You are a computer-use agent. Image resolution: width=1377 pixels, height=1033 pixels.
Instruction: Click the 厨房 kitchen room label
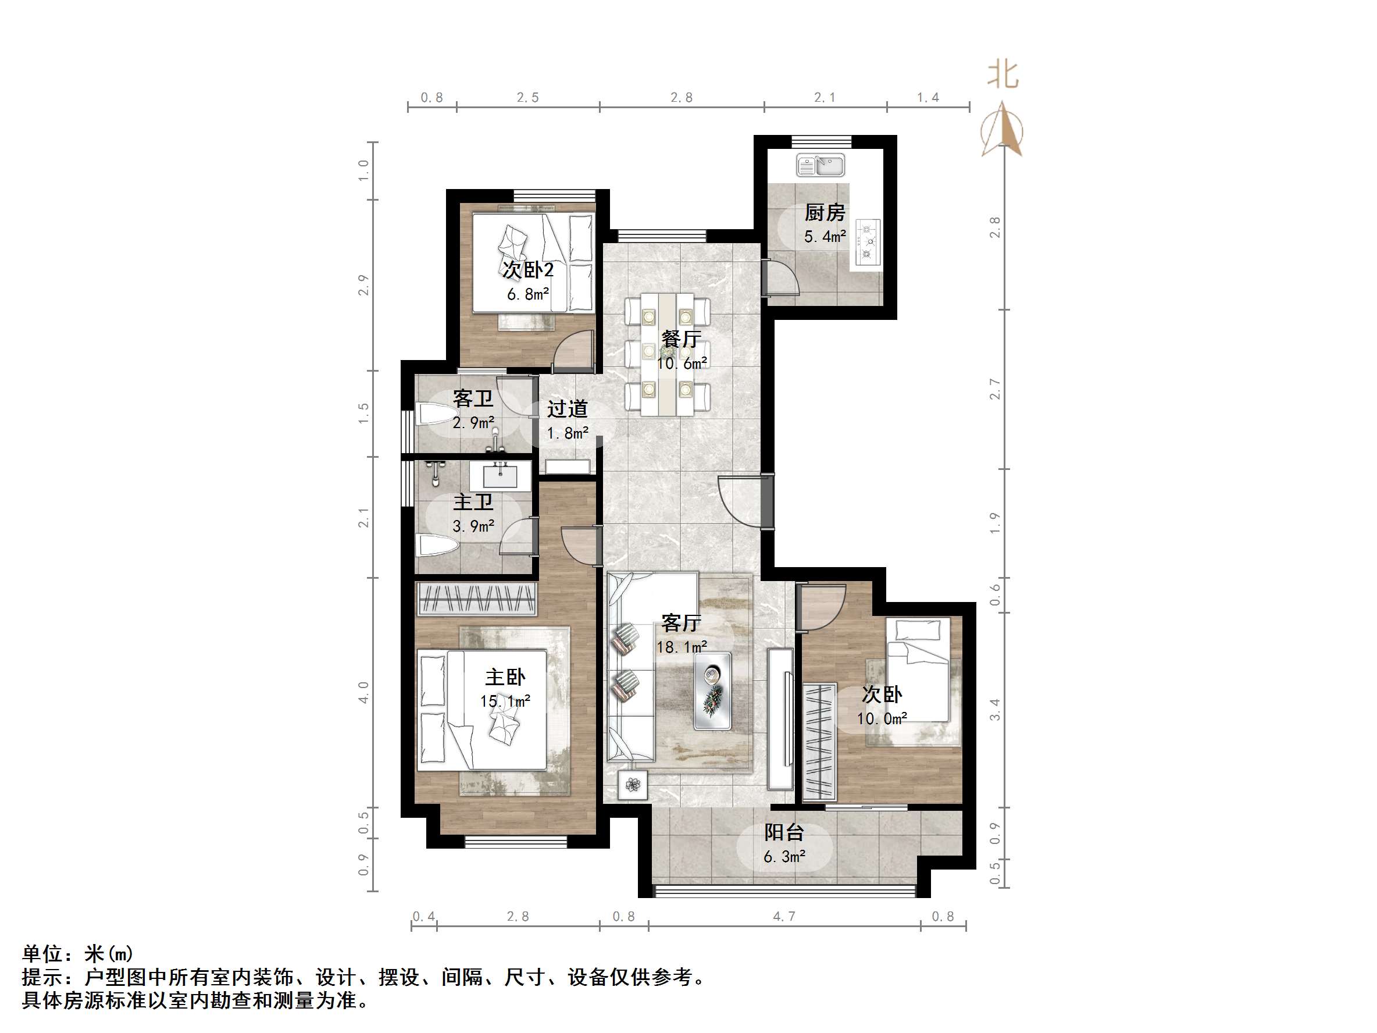pyautogui.click(x=824, y=213)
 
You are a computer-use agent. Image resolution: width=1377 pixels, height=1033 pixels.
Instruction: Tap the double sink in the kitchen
pyautogui.click(x=821, y=166)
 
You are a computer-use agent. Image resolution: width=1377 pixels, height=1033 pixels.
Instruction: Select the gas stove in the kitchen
pyautogui.click(x=866, y=241)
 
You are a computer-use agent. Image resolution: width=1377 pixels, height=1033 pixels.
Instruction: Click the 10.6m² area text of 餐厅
pyautogui.click(x=682, y=364)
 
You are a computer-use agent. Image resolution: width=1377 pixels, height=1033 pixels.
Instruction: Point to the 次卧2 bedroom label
pyautogui.click(x=528, y=270)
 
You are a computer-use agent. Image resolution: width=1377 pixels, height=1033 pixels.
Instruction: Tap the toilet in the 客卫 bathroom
pyautogui.click(x=436, y=414)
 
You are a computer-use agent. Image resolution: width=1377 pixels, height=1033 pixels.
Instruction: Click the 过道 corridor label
pyautogui.click(x=567, y=409)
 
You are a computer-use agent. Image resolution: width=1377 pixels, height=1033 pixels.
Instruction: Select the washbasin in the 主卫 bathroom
pyautogui.click(x=500, y=477)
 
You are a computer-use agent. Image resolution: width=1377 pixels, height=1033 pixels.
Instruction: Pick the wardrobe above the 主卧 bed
pyautogui.click(x=477, y=599)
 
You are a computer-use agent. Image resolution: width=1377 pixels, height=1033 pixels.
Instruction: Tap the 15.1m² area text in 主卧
pyautogui.click(x=505, y=701)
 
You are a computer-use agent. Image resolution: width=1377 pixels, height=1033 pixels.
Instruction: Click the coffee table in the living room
pyautogui.click(x=713, y=690)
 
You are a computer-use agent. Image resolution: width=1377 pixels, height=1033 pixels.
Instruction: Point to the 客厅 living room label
pyautogui.click(x=681, y=623)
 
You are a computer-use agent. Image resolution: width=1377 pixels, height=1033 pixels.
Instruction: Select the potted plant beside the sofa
pyautogui.click(x=633, y=785)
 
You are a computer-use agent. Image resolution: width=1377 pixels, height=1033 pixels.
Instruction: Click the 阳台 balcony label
pyautogui.click(x=784, y=832)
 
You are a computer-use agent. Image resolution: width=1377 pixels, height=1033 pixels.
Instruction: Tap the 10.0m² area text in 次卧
pyautogui.click(x=881, y=718)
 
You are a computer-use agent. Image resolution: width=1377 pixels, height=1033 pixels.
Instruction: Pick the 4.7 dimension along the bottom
pyautogui.click(x=784, y=917)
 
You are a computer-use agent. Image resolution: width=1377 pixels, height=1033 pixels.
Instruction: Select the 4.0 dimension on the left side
pyautogui.click(x=364, y=692)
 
